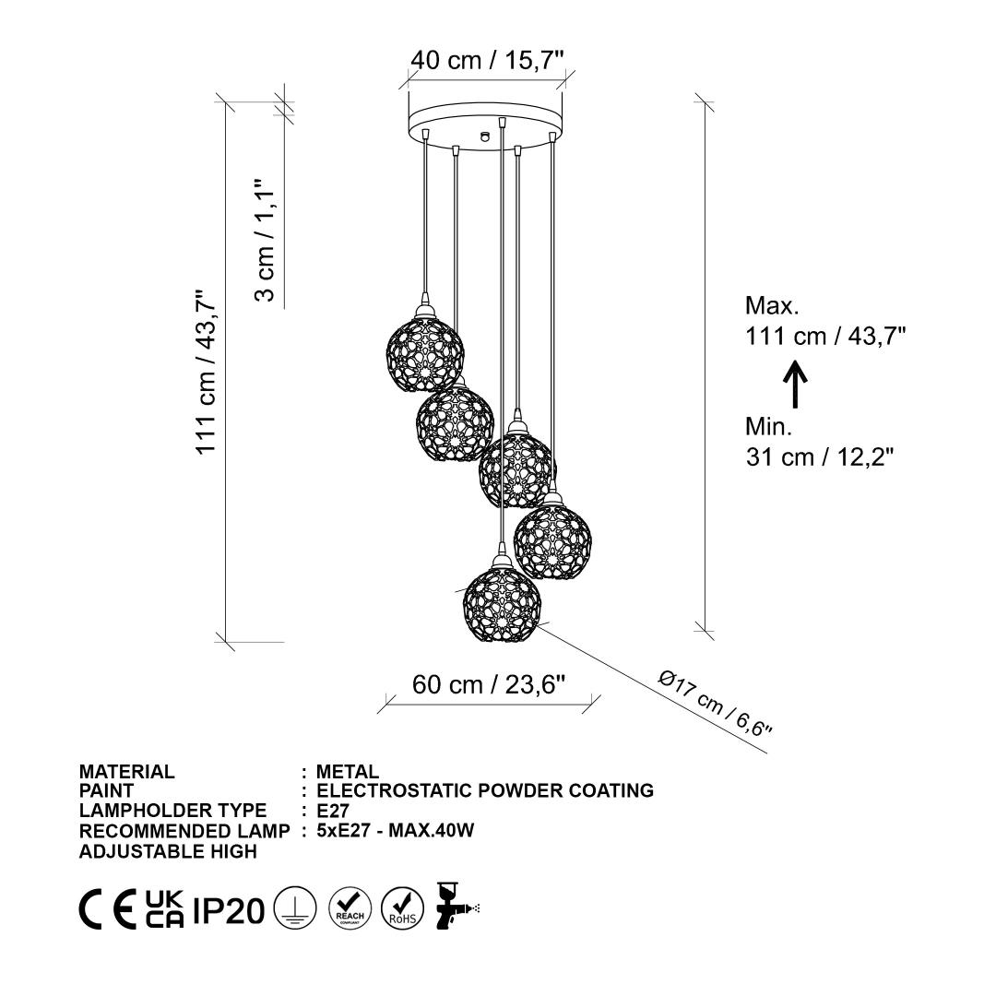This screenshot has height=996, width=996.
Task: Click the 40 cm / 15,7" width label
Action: click(487, 60)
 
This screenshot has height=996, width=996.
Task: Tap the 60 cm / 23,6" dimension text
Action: click(489, 684)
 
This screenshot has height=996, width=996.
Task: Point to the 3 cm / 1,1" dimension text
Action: click(264, 240)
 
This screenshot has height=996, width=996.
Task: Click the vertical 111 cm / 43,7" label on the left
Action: click(206, 373)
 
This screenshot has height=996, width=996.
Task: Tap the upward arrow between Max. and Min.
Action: click(795, 384)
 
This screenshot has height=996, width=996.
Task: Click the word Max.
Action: click(772, 305)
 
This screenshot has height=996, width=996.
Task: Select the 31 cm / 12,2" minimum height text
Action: click(820, 456)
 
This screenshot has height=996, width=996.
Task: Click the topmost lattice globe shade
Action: click(425, 351)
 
